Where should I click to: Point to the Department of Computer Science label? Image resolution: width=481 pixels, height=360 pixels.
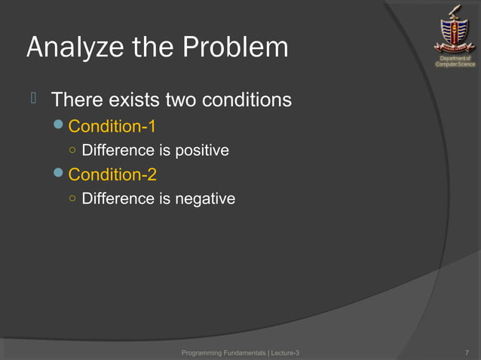455,61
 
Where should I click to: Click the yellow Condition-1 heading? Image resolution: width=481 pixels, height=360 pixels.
112,125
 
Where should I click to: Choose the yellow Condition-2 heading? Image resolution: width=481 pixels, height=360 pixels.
112,175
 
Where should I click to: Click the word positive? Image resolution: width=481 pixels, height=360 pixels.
201,151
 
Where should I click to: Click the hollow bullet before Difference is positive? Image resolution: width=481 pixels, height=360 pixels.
71,151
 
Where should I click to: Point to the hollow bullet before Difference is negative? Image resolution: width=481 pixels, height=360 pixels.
71,200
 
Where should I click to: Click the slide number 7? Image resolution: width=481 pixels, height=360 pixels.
468,352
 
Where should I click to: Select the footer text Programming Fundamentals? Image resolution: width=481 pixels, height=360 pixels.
224,352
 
